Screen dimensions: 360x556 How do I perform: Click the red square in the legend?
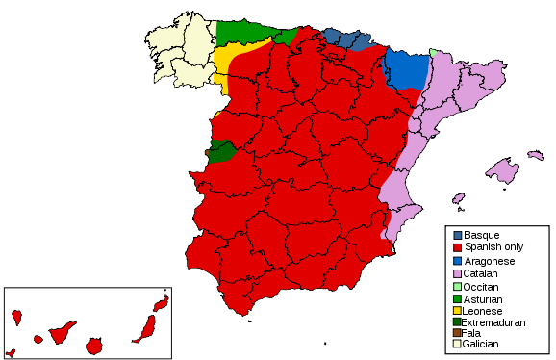coord(457,247)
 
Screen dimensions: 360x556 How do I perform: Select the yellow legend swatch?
coord(457,310)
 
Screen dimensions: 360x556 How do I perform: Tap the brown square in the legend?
coord(457,332)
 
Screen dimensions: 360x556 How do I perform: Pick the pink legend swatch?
coord(457,273)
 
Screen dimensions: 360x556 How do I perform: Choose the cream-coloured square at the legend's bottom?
coord(457,344)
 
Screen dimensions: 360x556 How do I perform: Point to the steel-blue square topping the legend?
coord(457,235)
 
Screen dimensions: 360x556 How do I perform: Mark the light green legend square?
coord(457,286)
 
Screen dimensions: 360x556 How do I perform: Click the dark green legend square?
coord(457,321)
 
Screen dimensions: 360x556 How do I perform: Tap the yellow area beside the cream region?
coord(228,63)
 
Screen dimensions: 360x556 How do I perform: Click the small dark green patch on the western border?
coord(221,151)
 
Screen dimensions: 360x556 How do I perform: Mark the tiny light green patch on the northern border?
coord(433,52)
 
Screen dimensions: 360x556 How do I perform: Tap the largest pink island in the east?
coord(502,171)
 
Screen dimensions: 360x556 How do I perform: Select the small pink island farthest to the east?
coord(535,155)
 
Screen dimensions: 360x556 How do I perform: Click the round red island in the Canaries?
coord(93,346)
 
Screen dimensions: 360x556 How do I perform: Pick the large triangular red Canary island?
coord(62,333)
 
